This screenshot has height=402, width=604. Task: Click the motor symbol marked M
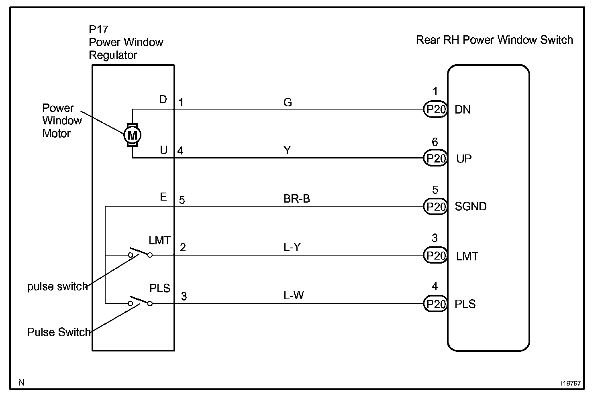point(132,135)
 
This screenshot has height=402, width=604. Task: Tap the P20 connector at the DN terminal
point(435,110)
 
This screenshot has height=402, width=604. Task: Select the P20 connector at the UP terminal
point(435,158)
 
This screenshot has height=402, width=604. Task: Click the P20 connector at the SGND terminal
point(435,207)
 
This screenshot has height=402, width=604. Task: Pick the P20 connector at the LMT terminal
point(435,256)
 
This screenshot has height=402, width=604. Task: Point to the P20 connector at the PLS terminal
point(435,304)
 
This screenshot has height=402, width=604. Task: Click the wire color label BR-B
point(297,199)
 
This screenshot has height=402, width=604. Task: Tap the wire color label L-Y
point(292,247)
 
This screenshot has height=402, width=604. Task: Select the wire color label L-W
point(294,296)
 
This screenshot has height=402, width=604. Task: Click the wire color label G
point(288,102)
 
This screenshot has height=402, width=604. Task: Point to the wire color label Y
point(288,150)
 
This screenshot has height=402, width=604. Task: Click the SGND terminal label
point(471,206)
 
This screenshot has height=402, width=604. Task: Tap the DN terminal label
point(463,110)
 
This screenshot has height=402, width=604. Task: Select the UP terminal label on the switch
point(464,159)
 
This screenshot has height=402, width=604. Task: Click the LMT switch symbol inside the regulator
point(140,253)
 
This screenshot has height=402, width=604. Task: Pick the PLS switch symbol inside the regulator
point(140,302)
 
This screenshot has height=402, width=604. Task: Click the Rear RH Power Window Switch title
point(494,40)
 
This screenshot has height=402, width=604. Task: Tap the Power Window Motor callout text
point(62,121)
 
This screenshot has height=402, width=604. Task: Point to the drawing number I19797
point(571,383)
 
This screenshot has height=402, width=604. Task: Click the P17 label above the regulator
point(98,29)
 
